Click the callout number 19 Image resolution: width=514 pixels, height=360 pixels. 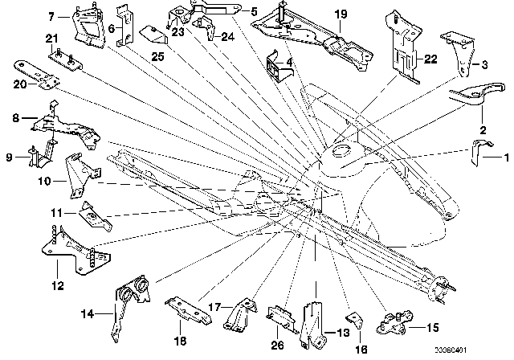click(341, 14)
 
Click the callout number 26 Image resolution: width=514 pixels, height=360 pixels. click(277, 348)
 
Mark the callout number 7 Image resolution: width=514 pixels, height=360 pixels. click(53, 16)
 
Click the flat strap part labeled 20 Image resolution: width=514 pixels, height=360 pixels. click(36, 72)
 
